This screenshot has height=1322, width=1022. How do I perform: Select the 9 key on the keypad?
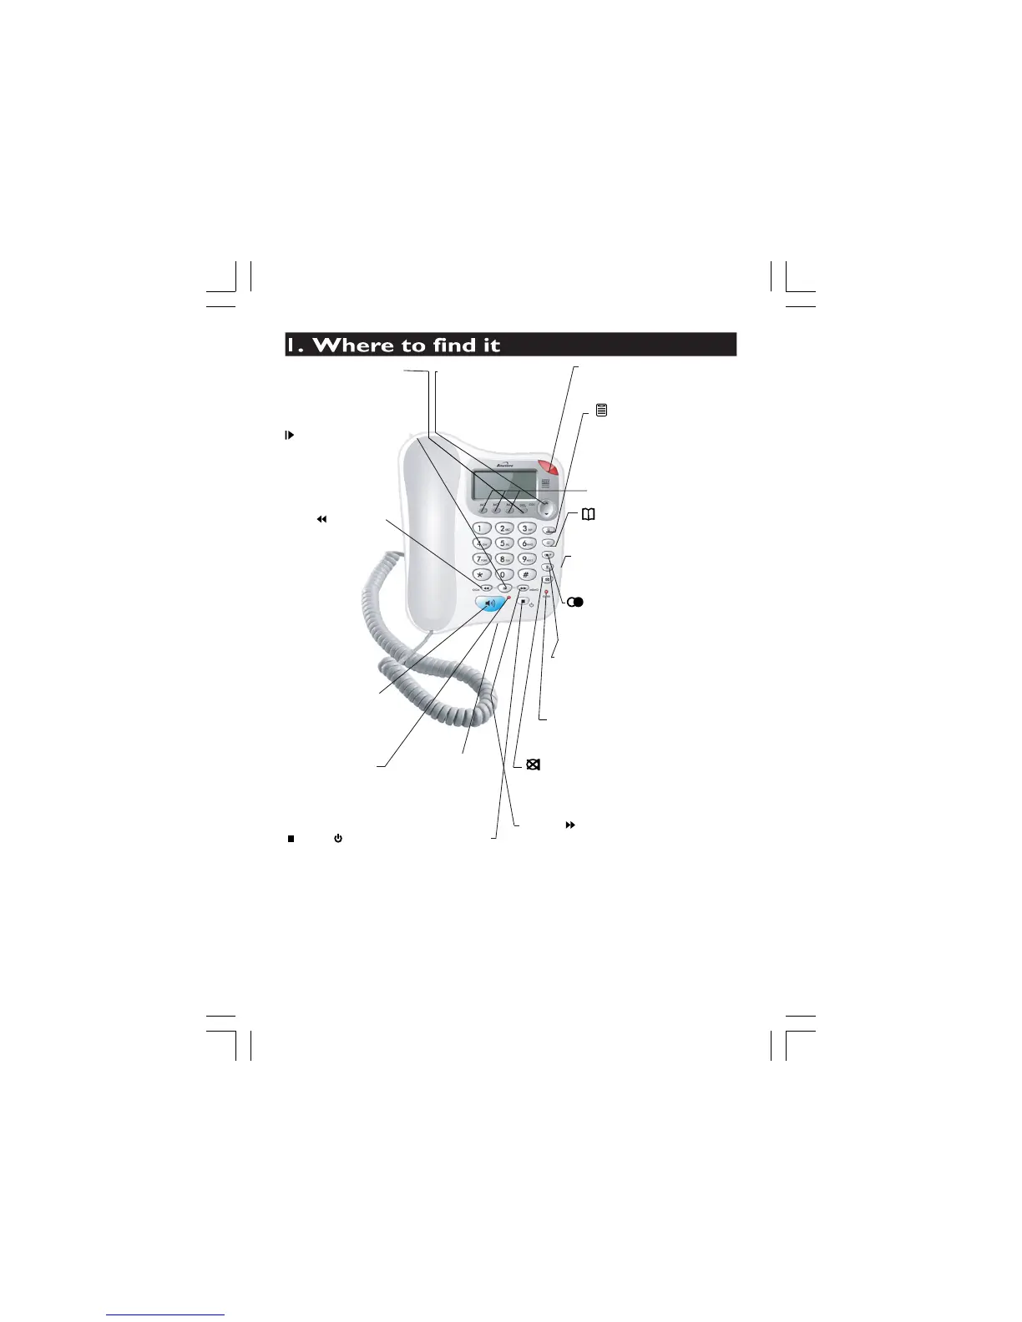coord(526,559)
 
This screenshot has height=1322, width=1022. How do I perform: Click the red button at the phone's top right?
coord(549,470)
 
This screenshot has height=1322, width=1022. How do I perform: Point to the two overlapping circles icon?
coord(575,602)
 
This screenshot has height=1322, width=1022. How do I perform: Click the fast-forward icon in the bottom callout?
coord(571,825)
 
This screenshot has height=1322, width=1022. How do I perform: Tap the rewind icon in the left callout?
coord(320,519)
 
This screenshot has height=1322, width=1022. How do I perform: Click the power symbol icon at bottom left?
coord(338,838)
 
